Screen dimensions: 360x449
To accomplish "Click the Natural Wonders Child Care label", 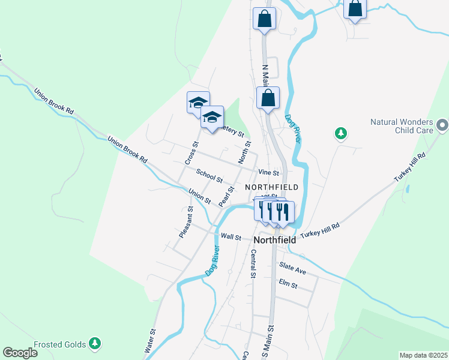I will [402, 125].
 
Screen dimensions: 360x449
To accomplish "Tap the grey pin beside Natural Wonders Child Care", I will [442, 125].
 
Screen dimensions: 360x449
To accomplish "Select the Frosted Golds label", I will [59, 344].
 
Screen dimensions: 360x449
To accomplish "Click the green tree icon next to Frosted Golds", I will [94, 343].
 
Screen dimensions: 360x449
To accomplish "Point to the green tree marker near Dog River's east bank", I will [340, 133].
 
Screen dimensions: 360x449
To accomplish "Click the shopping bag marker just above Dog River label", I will [268, 98].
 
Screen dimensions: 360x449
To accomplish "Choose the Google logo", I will [20, 353].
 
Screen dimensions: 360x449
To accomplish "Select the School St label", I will [210, 175].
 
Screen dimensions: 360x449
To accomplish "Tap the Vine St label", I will [269, 172].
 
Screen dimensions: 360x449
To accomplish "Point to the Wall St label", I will [231, 237].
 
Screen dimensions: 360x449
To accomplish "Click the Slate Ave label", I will [292, 268].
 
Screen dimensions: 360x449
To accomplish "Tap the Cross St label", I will [191, 153].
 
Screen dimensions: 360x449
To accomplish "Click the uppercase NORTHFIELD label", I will [272, 187].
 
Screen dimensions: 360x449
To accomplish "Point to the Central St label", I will [253, 264].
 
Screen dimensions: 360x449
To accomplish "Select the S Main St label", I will [271, 342].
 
